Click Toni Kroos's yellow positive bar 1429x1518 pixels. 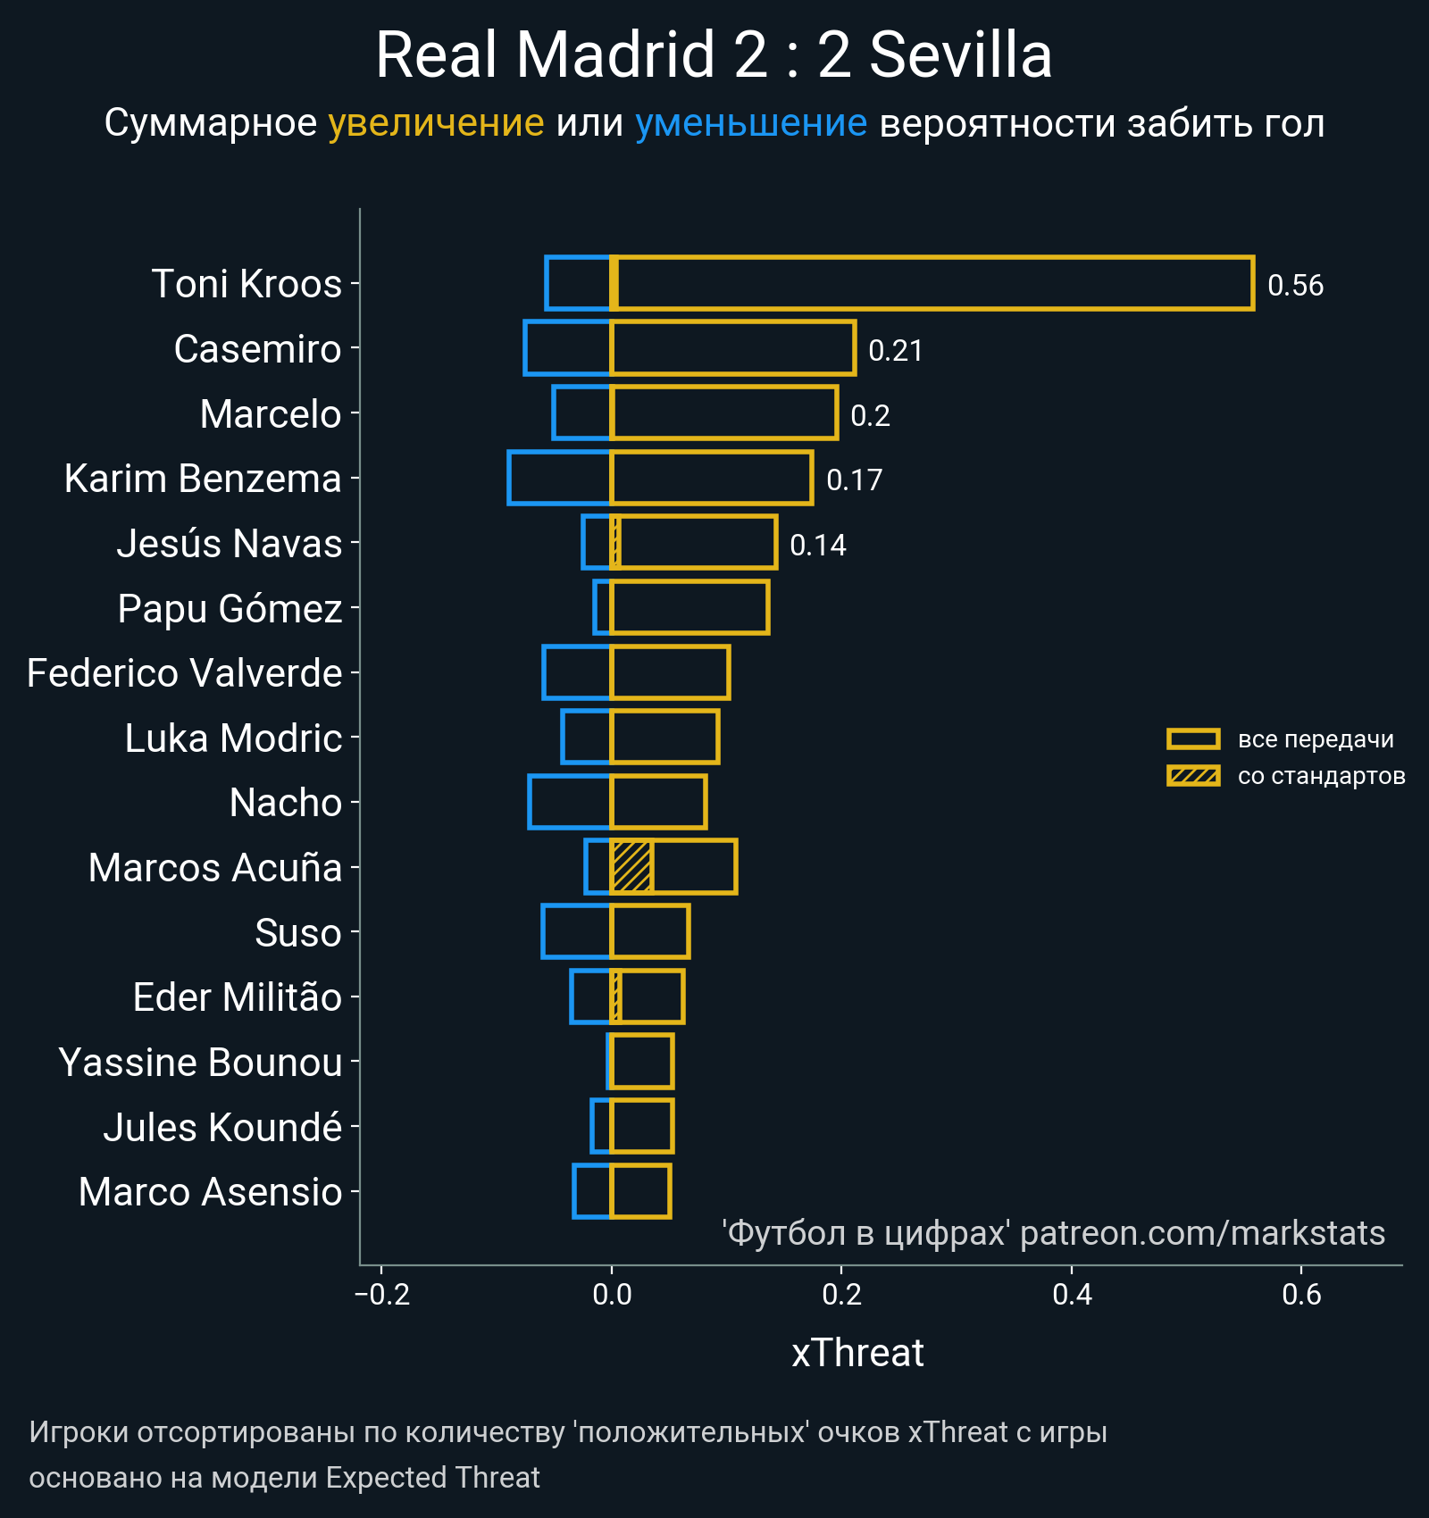(x=932, y=284)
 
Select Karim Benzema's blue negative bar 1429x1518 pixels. (x=559, y=478)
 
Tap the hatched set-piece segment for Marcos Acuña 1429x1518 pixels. (x=631, y=867)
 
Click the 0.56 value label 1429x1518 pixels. (x=1295, y=286)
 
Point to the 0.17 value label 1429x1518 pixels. (x=854, y=480)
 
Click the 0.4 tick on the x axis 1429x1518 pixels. (x=1072, y=1294)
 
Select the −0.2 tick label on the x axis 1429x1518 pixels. (x=382, y=1294)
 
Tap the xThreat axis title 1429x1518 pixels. (x=857, y=1353)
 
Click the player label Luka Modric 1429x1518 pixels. (x=233, y=738)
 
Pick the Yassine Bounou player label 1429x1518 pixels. (x=200, y=1063)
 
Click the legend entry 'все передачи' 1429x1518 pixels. (x=1315, y=739)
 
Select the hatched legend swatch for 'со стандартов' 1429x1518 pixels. (x=1193, y=776)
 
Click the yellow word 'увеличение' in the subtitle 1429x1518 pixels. (x=436, y=123)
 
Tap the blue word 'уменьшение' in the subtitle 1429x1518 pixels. (x=750, y=123)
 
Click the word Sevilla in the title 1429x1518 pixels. (x=960, y=55)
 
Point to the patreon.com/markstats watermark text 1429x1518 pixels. (x=1202, y=1233)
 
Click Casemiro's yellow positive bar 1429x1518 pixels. (x=732, y=348)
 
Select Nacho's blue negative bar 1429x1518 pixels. (x=570, y=802)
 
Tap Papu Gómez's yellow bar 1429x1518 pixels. (x=689, y=608)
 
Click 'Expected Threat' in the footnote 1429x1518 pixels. (x=432, y=1478)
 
